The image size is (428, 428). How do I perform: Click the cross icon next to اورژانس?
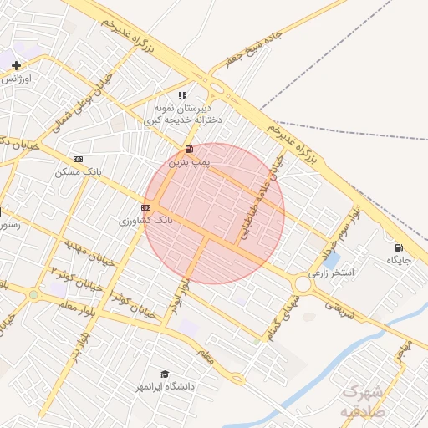[x=16, y=65]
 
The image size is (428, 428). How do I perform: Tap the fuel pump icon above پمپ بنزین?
[x=188, y=150]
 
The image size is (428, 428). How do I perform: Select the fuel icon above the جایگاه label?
[x=398, y=247]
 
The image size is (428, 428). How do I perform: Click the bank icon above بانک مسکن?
[x=79, y=159]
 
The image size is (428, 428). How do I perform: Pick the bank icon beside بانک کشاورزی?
[x=145, y=207]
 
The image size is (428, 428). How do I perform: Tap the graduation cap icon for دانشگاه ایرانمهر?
[x=165, y=374]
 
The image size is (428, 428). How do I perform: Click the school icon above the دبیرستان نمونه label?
[x=183, y=95]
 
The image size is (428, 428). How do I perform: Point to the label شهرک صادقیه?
[x=362, y=401]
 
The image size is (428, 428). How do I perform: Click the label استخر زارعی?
[x=332, y=273]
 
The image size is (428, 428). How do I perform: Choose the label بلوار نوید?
[x=185, y=293]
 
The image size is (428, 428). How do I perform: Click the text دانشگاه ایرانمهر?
[x=166, y=387]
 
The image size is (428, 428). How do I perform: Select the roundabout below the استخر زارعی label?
[x=303, y=285]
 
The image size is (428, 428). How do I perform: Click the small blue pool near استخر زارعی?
[x=331, y=261]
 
